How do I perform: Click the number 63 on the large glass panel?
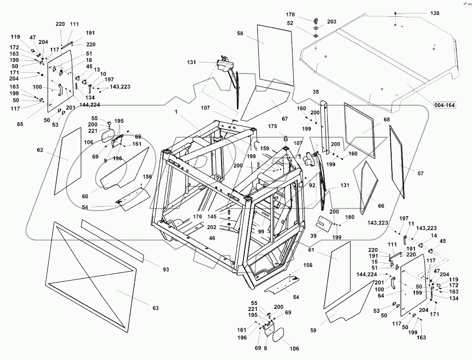[156, 308]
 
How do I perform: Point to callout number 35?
[316, 92]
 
